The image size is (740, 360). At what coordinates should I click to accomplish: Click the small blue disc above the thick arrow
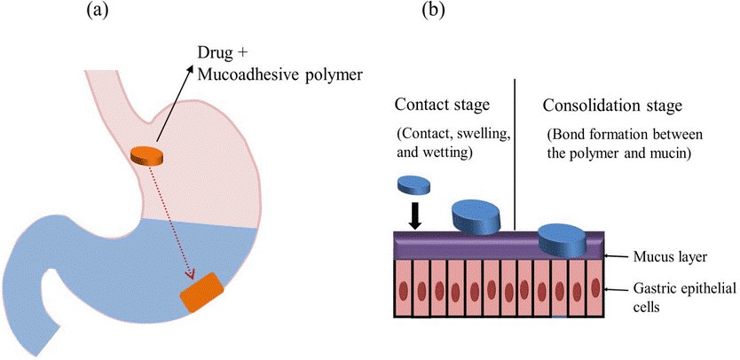413,184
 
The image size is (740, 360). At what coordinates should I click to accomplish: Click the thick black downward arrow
413,215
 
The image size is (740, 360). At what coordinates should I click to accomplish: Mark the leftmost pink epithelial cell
403,288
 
